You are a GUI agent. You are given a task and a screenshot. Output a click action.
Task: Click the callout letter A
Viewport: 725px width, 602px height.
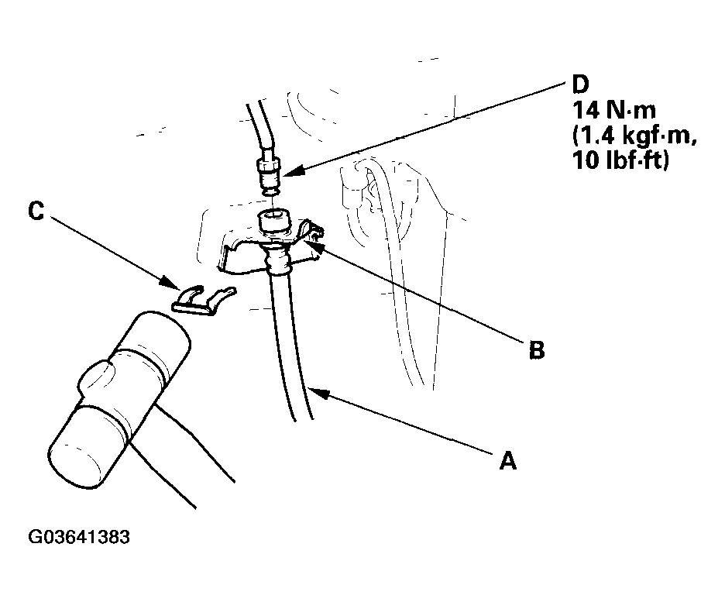(507, 461)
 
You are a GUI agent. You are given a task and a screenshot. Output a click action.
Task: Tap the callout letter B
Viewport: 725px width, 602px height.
(537, 349)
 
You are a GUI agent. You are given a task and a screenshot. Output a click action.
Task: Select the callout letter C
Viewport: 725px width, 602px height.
(36, 211)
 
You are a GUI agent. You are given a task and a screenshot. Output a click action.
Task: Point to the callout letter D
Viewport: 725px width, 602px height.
(580, 84)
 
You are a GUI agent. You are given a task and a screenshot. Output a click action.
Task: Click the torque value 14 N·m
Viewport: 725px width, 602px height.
(614, 111)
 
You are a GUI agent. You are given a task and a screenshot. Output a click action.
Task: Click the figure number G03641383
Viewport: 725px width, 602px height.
(79, 537)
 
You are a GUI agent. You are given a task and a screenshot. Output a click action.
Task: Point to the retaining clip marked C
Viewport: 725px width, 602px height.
(203, 301)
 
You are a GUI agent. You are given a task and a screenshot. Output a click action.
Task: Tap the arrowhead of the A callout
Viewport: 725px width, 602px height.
(319, 393)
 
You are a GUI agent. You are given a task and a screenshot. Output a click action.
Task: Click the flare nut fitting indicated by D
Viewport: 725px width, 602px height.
(269, 176)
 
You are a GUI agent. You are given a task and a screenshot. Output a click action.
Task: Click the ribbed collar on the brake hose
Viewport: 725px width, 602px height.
(277, 260)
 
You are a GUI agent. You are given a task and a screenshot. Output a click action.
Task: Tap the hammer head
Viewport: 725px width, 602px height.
(119, 400)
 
